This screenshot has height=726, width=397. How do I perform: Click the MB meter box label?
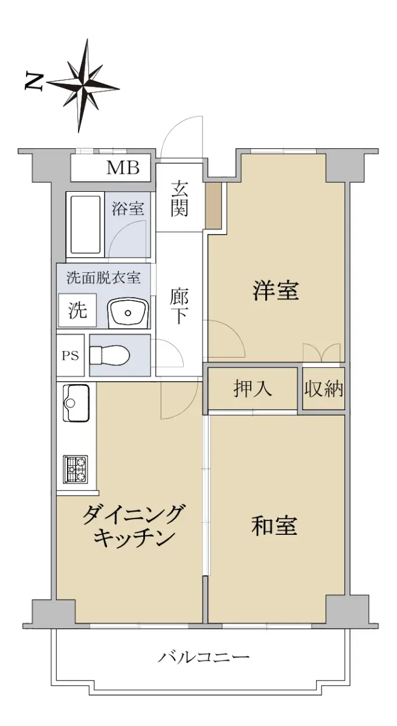click(x=123, y=168)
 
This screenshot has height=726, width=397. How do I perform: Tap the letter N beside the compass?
click(x=34, y=82)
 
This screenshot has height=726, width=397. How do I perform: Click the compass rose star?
click(x=83, y=86)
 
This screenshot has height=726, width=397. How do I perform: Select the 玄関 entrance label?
click(x=179, y=198)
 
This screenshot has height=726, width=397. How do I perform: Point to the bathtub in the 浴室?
click(x=85, y=224)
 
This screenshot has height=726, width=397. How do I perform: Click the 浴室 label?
click(x=127, y=208)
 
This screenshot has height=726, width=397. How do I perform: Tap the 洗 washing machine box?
click(x=77, y=310)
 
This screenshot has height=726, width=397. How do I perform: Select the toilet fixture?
click(x=109, y=355)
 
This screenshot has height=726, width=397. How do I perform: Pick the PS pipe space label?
click(x=70, y=356)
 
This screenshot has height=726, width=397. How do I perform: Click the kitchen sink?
click(x=76, y=403)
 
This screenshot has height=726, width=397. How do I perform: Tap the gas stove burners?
click(x=76, y=469)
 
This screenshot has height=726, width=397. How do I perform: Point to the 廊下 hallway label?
click(x=179, y=306)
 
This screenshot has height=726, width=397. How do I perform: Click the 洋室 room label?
click(x=276, y=291)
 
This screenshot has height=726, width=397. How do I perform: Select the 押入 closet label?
click(x=252, y=388)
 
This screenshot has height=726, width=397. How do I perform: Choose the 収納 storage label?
click(x=323, y=388)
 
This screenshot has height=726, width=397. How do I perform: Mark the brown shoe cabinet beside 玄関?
click(x=213, y=206)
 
